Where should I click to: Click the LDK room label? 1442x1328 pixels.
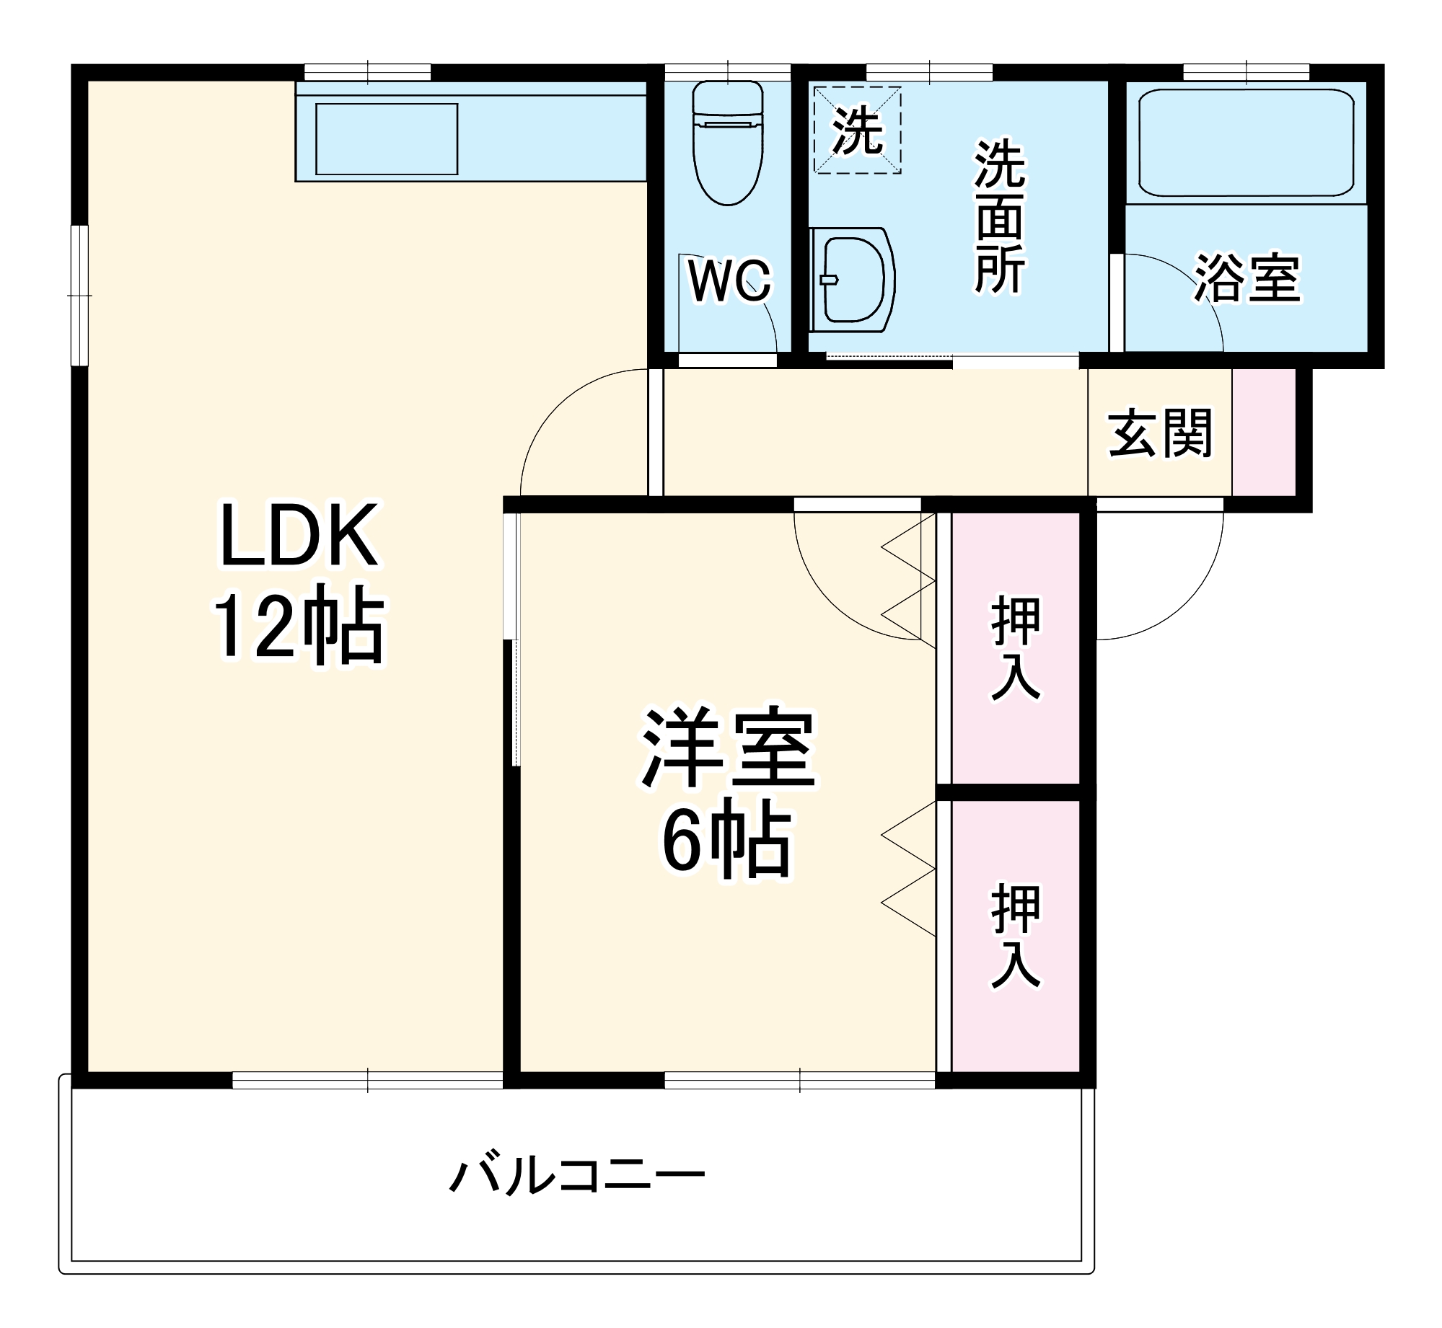pyautogui.click(x=299, y=536)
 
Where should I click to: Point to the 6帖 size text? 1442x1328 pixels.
pyautogui.click(x=727, y=841)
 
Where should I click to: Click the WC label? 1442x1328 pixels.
pyautogui.click(x=729, y=280)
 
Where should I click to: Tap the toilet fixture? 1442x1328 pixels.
pyautogui.click(x=727, y=144)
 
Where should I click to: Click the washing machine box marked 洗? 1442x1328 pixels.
pyautogui.click(x=857, y=130)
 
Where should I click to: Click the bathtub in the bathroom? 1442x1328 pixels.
pyautogui.click(x=1246, y=143)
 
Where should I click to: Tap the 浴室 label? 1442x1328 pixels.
pyautogui.click(x=1247, y=278)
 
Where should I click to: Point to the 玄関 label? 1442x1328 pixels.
pyautogui.click(x=1160, y=433)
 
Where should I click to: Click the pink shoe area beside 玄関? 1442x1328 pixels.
pyautogui.click(x=1264, y=433)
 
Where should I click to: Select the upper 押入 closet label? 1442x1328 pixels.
pyautogui.click(x=1016, y=648)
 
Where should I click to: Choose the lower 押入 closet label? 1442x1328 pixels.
pyautogui.click(x=1016, y=937)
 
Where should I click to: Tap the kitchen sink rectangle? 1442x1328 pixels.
pyautogui.click(x=387, y=139)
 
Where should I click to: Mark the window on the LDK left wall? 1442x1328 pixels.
pyautogui.click(x=79, y=296)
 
